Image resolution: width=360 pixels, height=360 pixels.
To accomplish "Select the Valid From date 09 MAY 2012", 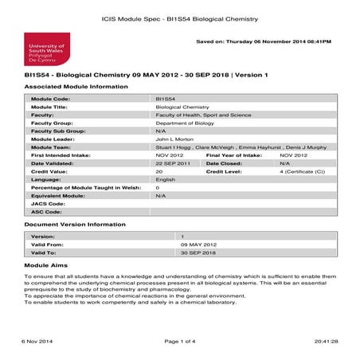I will coord(198,244).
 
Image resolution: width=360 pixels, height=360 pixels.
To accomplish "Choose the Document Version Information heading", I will coord(75,225).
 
